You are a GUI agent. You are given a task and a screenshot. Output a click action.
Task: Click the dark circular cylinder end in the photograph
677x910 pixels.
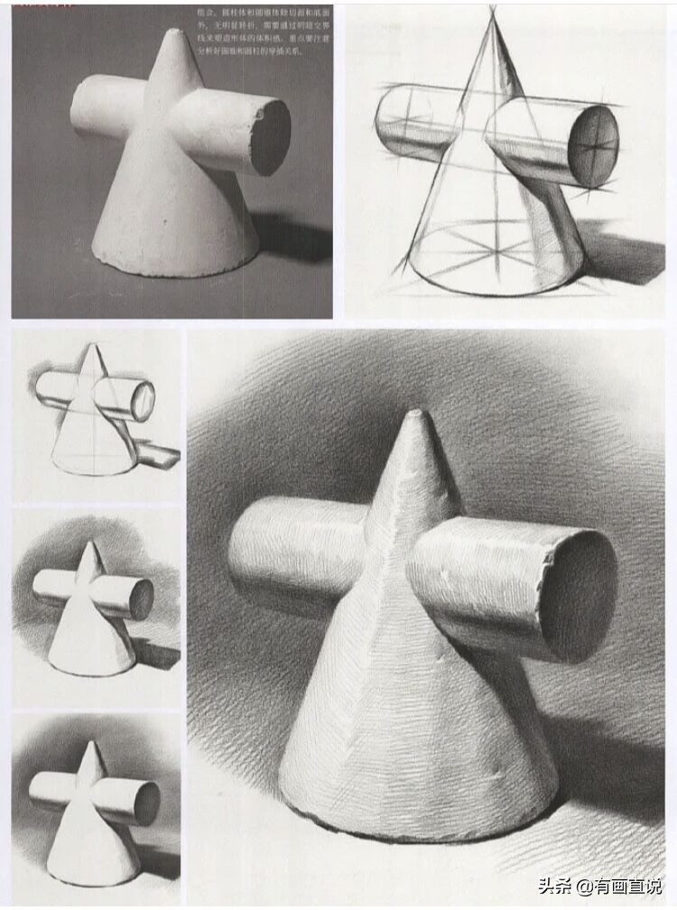pos(270,136)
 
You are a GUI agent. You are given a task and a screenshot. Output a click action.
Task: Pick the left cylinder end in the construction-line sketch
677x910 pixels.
pos(388,122)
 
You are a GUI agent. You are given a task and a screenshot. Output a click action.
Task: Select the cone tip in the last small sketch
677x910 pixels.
pos(91,745)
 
